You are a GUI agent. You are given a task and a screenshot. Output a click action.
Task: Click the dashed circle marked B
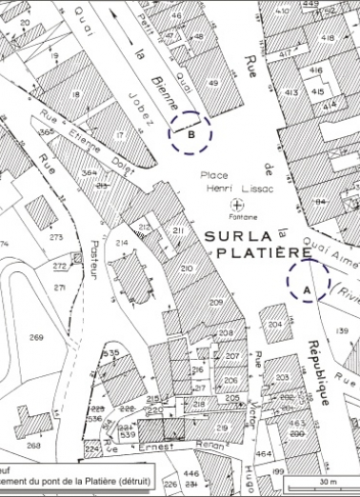[190, 133]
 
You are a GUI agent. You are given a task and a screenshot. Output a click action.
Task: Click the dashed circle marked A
[308, 281]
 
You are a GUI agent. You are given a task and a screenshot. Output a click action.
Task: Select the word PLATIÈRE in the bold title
[264, 253]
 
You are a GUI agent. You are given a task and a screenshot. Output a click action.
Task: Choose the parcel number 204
[274, 325]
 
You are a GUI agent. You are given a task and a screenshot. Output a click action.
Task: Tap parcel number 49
[211, 84]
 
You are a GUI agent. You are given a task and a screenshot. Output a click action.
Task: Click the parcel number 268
[34, 445]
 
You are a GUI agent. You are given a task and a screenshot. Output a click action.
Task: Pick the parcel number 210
[186, 269]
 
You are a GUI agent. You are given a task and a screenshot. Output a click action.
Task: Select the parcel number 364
[90, 172]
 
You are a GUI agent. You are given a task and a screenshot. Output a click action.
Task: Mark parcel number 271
[60, 287]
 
